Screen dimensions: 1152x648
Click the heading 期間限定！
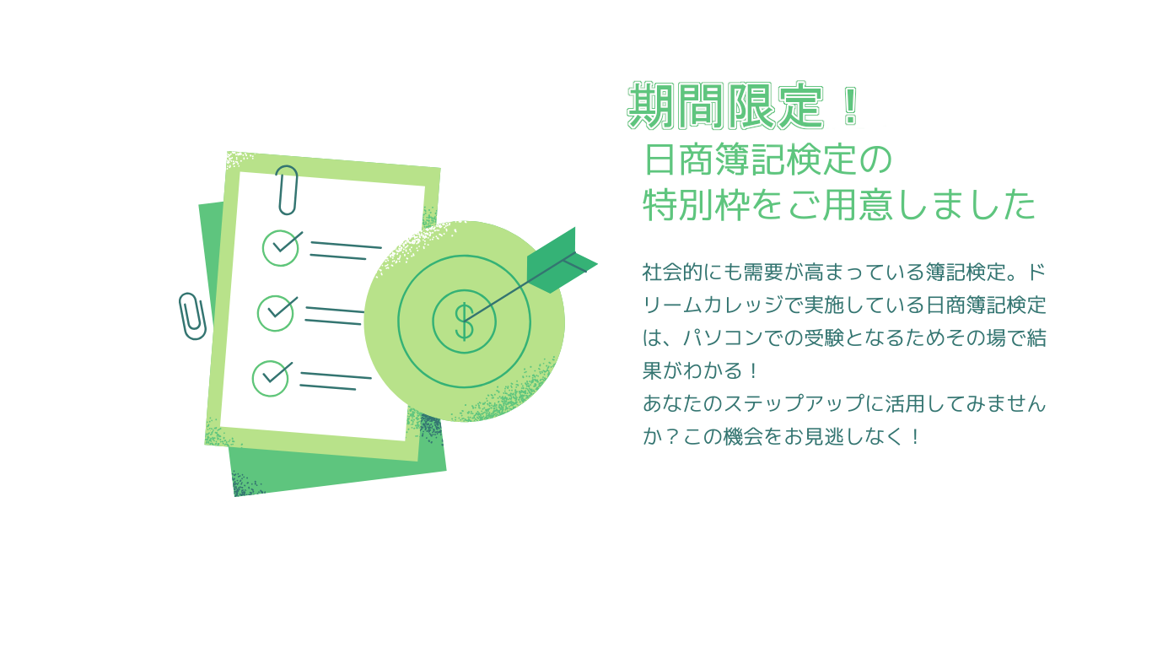743,105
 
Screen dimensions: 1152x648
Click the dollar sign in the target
465,321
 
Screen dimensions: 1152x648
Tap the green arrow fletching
562,261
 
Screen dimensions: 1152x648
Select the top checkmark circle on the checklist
280,248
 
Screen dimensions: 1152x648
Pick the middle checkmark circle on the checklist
275,313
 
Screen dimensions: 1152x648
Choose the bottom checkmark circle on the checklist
270,378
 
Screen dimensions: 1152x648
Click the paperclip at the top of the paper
287,190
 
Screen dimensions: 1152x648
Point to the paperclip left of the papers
192,316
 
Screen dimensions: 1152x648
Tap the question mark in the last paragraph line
671,437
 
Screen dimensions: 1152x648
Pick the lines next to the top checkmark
346,250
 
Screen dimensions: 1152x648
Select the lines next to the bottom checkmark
336,381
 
